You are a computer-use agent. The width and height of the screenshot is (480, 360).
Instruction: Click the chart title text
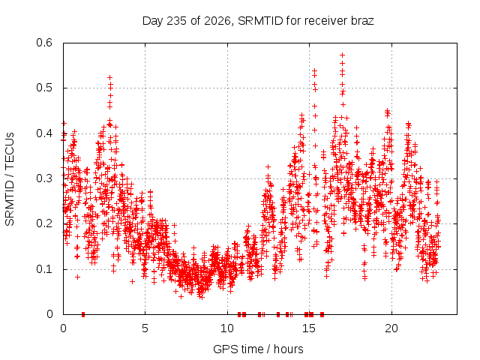258,21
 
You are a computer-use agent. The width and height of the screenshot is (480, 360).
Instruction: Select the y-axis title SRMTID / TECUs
10,179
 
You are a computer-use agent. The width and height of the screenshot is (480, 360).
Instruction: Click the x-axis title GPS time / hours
258,349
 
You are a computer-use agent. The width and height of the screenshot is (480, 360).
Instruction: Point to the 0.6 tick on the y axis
44,43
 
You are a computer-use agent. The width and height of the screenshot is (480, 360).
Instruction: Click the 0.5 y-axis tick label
44,88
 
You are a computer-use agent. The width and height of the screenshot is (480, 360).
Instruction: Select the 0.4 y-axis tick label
44,133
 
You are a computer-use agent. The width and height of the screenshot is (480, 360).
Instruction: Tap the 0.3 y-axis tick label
44,178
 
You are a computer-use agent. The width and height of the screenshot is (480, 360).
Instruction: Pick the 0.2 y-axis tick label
44,223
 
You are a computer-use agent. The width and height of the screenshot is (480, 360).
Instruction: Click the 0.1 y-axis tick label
44,269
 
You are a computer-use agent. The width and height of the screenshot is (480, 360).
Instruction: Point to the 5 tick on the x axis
145,328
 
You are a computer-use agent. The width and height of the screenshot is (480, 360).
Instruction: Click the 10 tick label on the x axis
227,328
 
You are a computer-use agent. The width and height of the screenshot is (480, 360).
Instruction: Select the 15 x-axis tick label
309,328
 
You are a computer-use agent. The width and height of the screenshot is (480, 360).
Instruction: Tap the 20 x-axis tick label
391,328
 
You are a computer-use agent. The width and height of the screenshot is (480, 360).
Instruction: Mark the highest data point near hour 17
343,55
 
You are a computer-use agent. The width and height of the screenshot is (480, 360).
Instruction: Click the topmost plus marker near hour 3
110,77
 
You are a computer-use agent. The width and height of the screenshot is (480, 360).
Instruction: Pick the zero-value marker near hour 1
83,314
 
